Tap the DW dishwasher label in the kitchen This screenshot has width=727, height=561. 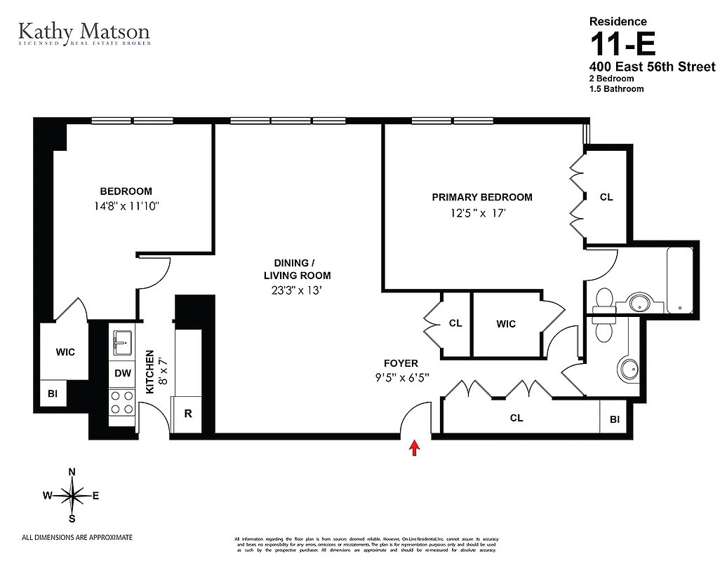tap(123, 373)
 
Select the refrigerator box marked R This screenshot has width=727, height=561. tap(188, 413)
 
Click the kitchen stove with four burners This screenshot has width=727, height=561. tap(123, 404)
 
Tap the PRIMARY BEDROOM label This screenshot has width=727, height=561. tap(482, 197)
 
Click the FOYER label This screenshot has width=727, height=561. tap(401, 363)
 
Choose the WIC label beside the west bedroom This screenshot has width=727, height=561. tap(65, 352)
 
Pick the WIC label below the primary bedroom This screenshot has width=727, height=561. tap(506, 324)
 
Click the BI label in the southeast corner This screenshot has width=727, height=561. tap(615, 419)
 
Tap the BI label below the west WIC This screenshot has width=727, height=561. tap(53, 394)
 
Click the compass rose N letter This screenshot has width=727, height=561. tap(72, 472)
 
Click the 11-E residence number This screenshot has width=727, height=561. tap(622, 46)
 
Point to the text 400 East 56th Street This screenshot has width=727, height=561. tap(652, 67)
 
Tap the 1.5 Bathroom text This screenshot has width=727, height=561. tap(616, 89)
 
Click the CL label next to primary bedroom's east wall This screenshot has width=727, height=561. tap(606, 197)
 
